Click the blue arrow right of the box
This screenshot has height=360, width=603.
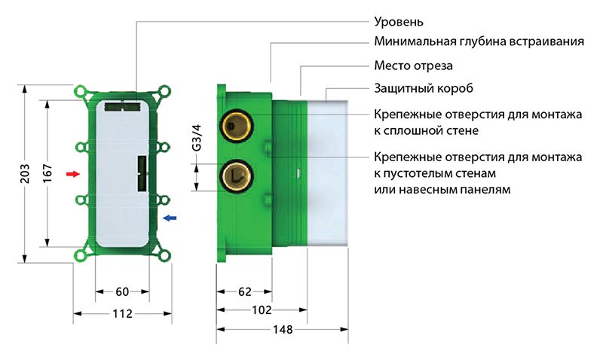[170, 218]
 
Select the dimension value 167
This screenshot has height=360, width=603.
[47, 173]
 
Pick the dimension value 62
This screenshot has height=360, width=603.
[243, 291]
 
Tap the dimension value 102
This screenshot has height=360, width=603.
[261, 310]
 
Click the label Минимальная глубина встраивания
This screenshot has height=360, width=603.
[479, 42]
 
